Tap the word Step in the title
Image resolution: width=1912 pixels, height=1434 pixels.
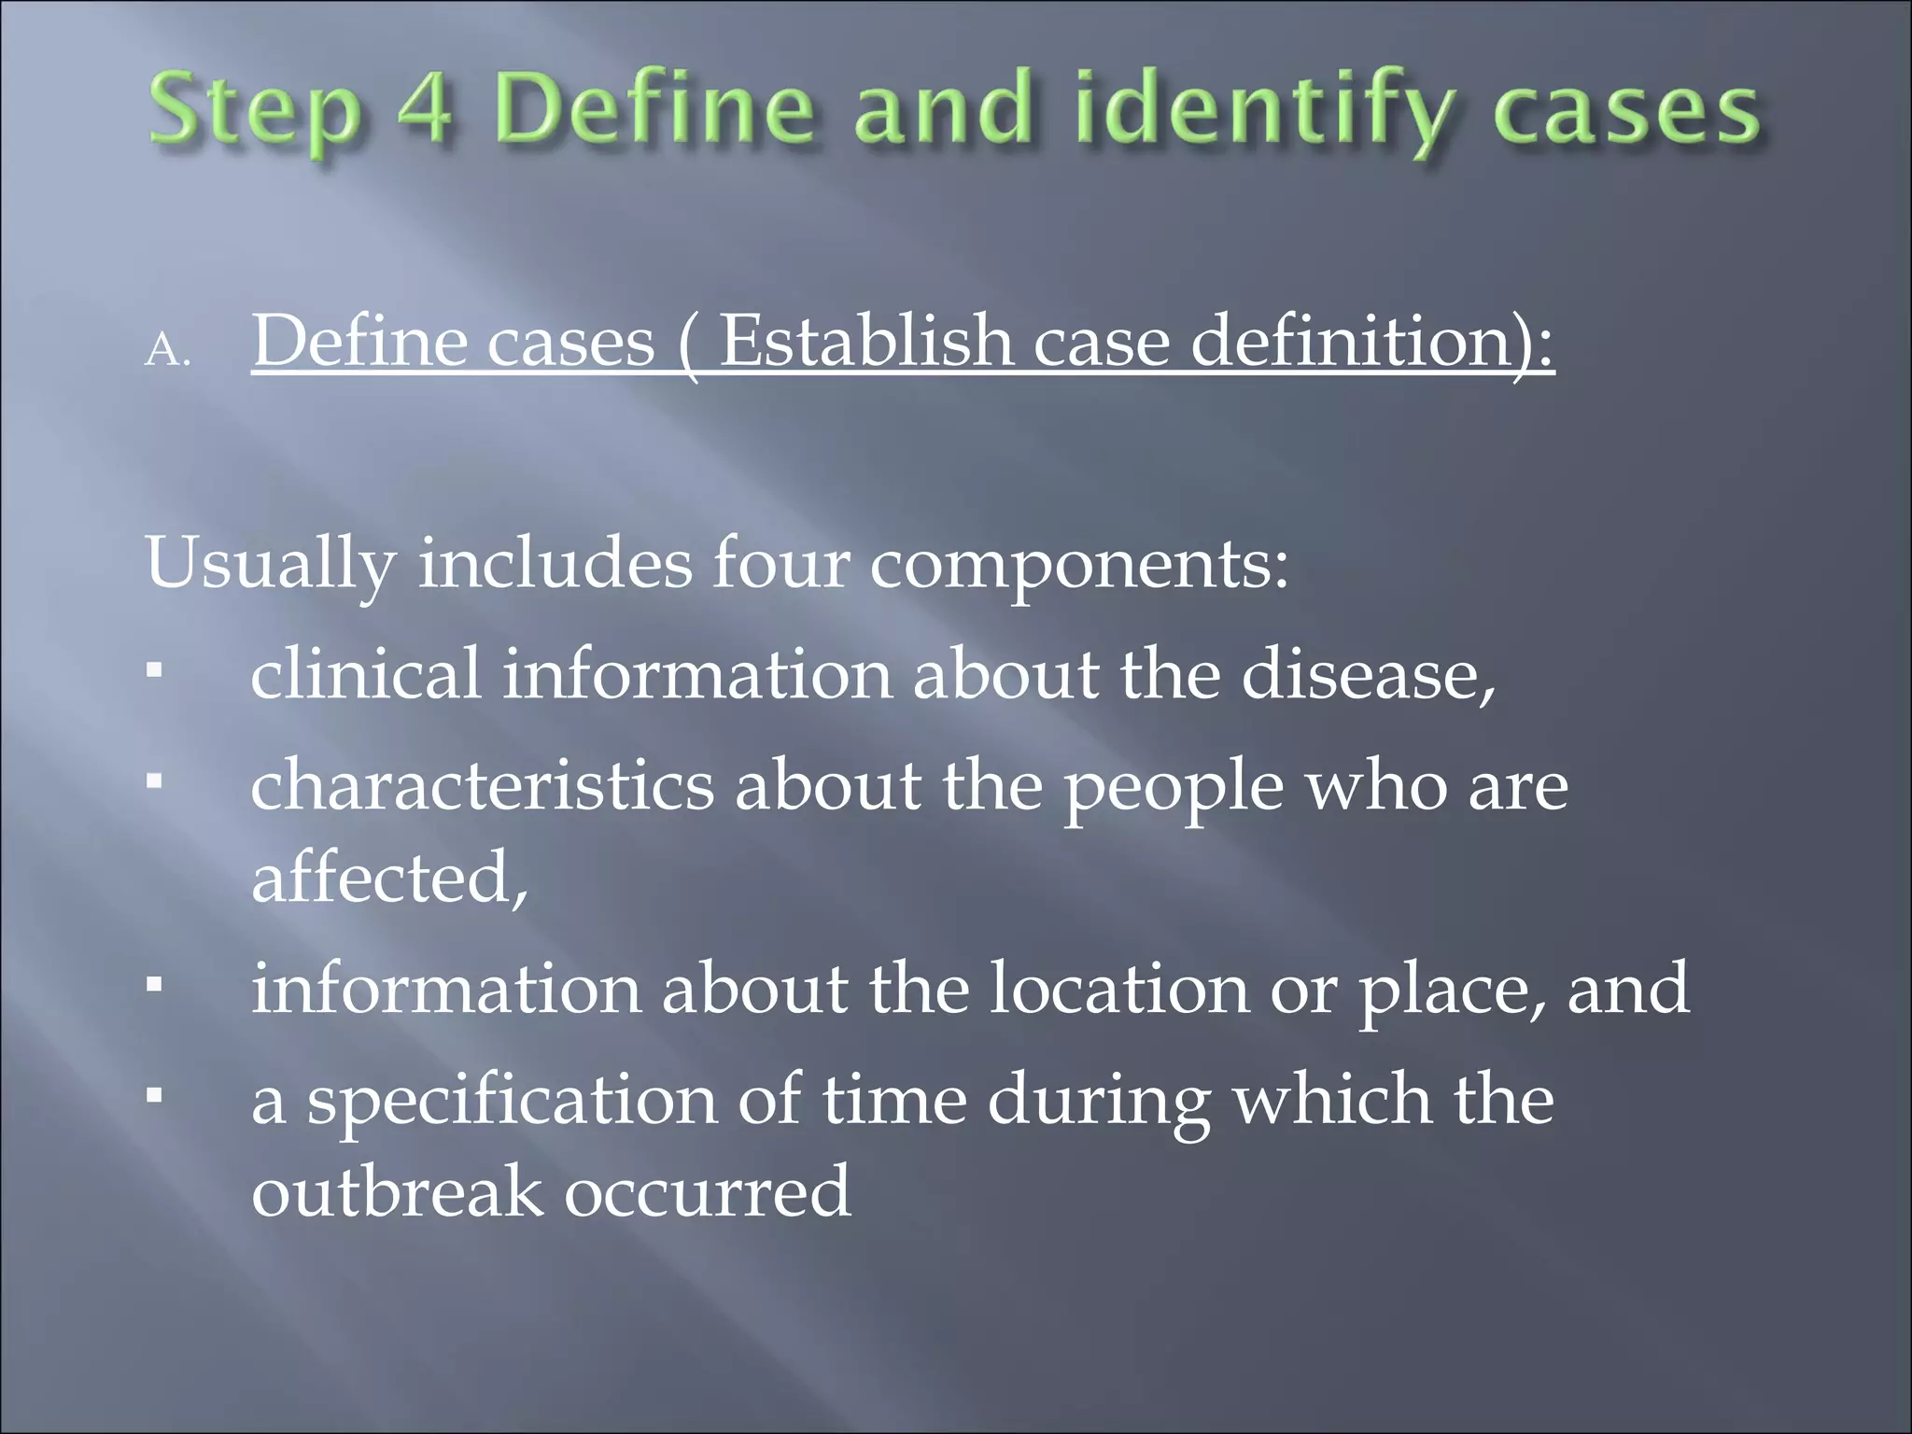(255, 114)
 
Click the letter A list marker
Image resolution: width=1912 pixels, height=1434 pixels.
(167, 351)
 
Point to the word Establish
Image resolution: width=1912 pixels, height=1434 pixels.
(865, 341)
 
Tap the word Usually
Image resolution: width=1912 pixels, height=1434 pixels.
(271, 565)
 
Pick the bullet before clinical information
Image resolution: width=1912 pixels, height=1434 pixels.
(155, 669)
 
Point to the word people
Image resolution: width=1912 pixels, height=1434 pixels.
(1174, 786)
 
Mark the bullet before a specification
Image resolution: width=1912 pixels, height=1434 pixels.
(155, 1093)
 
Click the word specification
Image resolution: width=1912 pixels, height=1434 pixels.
(513, 1101)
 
